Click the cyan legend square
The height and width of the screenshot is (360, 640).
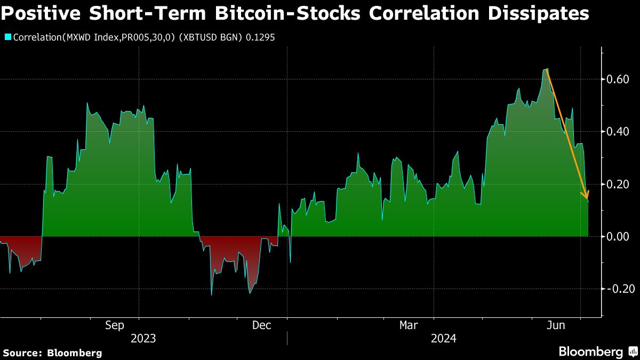[x=7, y=37]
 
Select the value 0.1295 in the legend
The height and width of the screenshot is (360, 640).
[x=260, y=38]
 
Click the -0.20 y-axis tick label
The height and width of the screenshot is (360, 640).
[x=620, y=289]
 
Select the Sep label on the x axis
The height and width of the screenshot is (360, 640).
[x=115, y=325]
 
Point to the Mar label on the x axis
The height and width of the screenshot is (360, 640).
[x=409, y=325]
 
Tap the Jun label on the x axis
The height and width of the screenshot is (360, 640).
[x=557, y=325]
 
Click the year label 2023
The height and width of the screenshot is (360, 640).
[x=143, y=339]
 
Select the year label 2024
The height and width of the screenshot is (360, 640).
[x=444, y=339]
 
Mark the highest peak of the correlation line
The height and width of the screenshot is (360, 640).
[x=547, y=69]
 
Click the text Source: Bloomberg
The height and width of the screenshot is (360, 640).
[x=52, y=353]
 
